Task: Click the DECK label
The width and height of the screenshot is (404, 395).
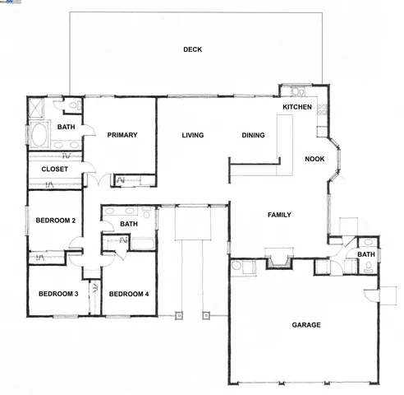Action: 192,49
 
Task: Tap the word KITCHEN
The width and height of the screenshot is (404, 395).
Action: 296,108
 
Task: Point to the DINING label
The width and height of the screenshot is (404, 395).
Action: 253,136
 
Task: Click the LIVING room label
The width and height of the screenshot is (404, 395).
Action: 193,136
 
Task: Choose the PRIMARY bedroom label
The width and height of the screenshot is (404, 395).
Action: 122,135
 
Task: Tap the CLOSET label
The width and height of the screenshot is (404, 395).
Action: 54,170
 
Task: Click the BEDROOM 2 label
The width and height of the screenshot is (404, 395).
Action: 56,221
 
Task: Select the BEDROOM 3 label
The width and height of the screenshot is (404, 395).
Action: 57,294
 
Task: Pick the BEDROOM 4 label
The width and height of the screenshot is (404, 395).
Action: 129,294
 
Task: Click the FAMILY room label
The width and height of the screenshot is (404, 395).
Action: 279,215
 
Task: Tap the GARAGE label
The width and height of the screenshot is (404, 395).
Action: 306,324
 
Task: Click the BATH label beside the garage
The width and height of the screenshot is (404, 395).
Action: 366,255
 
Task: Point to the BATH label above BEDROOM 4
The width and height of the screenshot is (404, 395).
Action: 129,224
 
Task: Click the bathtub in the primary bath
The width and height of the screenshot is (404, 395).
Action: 39,132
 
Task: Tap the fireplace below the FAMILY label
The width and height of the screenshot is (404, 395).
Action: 279,262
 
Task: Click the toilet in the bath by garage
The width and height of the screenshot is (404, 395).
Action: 369,242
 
